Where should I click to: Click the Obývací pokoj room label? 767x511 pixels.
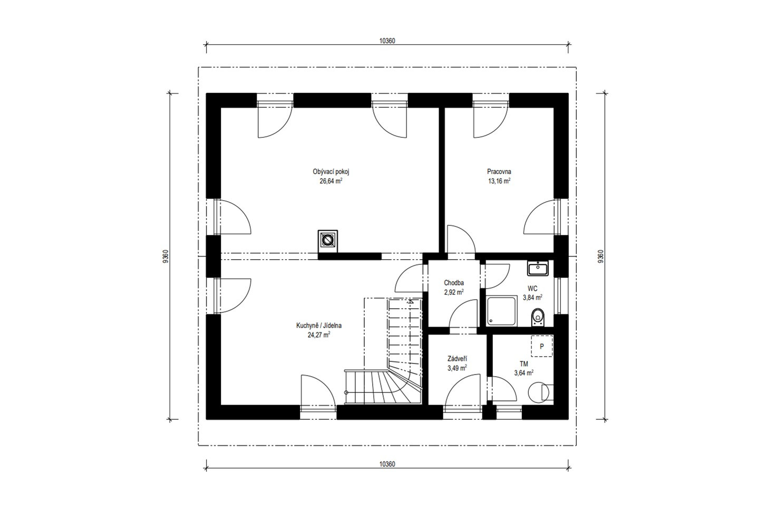click(x=331, y=172)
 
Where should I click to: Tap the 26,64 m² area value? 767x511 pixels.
click(x=331, y=181)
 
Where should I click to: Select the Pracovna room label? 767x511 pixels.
click(x=499, y=171)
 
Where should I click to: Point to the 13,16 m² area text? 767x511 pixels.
click(x=499, y=181)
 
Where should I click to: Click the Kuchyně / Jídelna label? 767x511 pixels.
click(x=319, y=326)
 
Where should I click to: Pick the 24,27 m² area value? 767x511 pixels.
click(x=319, y=335)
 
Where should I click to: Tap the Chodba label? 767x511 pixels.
click(x=454, y=283)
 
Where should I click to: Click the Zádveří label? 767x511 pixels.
click(x=457, y=359)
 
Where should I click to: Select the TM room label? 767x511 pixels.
click(x=523, y=364)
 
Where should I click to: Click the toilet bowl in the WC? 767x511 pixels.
click(x=538, y=317)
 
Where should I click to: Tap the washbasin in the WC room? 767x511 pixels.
click(x=538, y=268)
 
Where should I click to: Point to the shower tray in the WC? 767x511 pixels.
click(x=502, y=311)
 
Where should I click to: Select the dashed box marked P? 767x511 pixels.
click(x=542, y=346)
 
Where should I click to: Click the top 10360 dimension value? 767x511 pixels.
click(x=387, y=41)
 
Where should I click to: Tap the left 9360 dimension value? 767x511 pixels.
click(x=166, y=256)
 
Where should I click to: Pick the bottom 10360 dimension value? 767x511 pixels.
click(x=387, y=464)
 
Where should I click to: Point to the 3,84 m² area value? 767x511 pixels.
click(x=532, y=298)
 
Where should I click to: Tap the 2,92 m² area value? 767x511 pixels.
click(x=454, y=292)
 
